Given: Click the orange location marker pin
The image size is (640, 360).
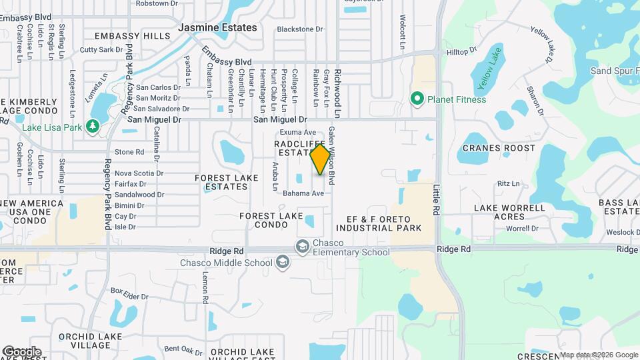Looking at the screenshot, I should pyautogui.click(x=320, y=159).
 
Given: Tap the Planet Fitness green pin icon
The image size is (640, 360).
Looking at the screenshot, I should pyautogui.click(x=417, y=99).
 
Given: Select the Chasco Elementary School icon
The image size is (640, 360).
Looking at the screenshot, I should pyautogui.click(x=303, y=246).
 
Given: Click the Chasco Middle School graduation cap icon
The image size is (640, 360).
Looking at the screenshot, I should pyautogui.click(x=283, y=263).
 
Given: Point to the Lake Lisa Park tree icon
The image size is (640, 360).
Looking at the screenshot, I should pyautogui.click(x=93, y=126).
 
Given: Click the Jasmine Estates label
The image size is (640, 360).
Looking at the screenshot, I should pyautogui.click(x=217, y=28).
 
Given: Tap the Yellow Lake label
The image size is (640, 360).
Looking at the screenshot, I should pyautogui.click(x=489, y=77).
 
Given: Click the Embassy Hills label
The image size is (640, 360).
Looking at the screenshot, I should pyautogui.click(x=133, y=36).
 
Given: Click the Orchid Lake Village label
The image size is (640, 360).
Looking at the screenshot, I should pyautogui.click(x=84, y=341).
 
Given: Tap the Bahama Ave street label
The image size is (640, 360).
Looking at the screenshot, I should pyautogui.click(x=303, y=193).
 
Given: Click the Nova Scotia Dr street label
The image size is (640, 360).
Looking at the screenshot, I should pyautogui.click(x=139, y=173).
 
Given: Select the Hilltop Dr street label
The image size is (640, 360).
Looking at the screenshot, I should pyautogui.click(x=462, y=51).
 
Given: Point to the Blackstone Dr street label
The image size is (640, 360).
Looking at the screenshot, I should pyautogui.click(x=299, y=29).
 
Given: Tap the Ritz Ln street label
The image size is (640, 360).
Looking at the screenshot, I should pyautogui.click(x=508, y=183).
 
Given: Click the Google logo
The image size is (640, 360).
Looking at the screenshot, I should pyautogui.click(x=22, y=352).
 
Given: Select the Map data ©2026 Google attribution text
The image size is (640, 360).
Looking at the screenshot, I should pyautogui.click(x=598, y=355).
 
